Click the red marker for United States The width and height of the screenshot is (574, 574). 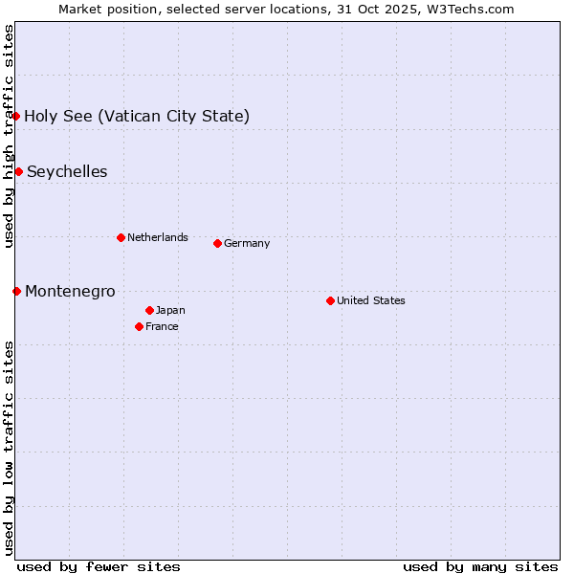pyautogui.click(x=330, y=300)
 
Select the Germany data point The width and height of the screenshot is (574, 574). pyautogui.click(x=217, y=243)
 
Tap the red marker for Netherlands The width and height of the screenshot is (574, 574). pyautogui.click(x=121, y=237)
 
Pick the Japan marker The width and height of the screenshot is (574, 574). pyautogui.click(x=149, y=310)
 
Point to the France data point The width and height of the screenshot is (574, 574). pyautogui.click(x=139, y=326)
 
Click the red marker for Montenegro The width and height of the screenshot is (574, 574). pyautogui.click(x=16, y=291)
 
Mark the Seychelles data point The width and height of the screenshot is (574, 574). pyautogui.click(x=18, y=171)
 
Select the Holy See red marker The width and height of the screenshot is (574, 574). pyautogui.click(x=15, y=116)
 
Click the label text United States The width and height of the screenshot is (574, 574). pyautogui.click(x=371, y=300)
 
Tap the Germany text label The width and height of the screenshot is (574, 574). pyautogui.click(x=247, y=243)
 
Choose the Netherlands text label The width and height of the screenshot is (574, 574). pyautogui.click(x=158, y=237)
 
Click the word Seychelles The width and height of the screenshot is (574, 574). pyautogui.click(x=67, y=171)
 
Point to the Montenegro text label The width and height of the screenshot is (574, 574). pyautogui.click(x=70, y=291)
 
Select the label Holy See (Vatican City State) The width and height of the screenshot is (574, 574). pyautogui.click(x=137, y=116)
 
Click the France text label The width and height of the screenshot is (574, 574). pyautogui.click(x=162, y=326)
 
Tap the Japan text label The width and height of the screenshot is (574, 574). pyautogui.click(x=170, y=310)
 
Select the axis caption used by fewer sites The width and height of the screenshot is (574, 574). pyautogui.click(x=99, y=566)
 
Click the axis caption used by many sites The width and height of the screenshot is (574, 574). pyautogui.click(x=480, y=566)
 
